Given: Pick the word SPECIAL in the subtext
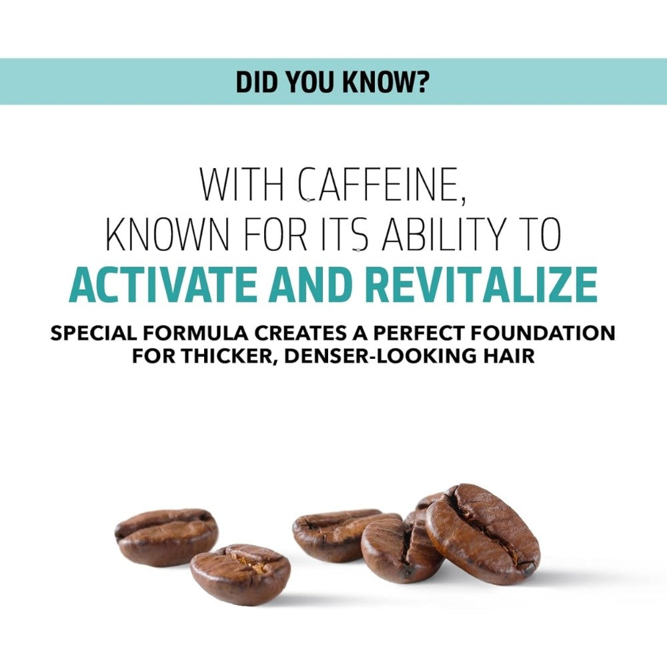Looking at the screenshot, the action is click(x=93, y=333).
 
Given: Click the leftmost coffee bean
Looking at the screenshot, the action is click(x=166, y=538).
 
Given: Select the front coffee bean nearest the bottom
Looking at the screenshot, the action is click(x=241, y=574).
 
